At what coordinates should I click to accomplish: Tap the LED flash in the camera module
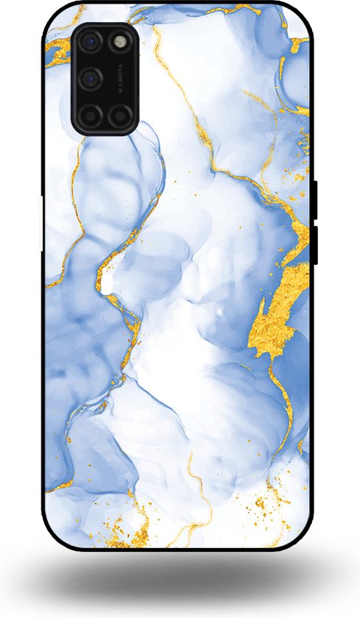tap(119, 42)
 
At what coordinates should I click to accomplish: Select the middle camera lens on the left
tap(91, 78)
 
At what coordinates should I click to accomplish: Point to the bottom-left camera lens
tap(91, 115)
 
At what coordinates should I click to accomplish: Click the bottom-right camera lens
tap(119, 115)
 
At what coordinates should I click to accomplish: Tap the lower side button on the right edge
tap(314, 245)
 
